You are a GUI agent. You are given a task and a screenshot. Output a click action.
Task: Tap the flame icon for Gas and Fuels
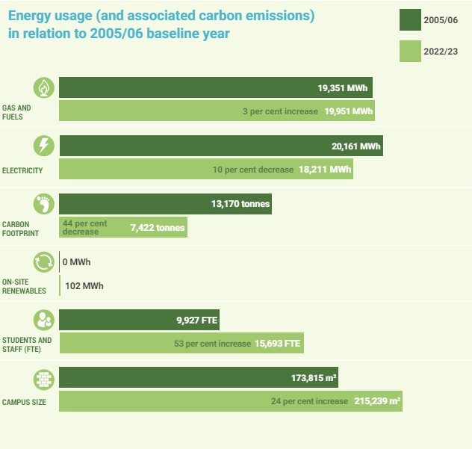(x=44, y=87)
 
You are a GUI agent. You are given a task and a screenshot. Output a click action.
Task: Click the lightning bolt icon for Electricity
(x=44, y=146)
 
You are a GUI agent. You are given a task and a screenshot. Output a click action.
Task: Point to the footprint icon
(x=44, y=203)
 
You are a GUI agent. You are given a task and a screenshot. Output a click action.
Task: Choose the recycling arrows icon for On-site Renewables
(x=44, y=261)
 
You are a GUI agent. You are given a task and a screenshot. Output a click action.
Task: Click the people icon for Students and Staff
(x=44, y=320)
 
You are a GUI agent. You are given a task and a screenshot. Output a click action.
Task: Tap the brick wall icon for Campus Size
(x=44, y=378)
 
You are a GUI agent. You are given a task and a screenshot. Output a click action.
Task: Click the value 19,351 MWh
(x=342, y=88)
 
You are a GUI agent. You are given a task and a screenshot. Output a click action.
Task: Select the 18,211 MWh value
(x=324, y=170)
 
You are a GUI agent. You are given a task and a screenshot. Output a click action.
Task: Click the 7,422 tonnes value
(x=157, y=227)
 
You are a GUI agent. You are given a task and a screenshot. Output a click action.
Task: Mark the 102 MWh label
(x=84, y=286)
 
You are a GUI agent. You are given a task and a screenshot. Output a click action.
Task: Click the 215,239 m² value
(x=377, y=401)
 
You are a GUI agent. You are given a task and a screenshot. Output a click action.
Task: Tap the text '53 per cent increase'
(x=212, y=344)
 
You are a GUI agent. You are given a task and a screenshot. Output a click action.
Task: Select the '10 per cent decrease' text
(x=252, y=170)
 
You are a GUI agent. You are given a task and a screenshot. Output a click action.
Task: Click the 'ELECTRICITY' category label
(x=22, y=170)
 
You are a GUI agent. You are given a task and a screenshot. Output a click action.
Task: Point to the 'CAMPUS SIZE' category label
(x=24, y=403)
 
